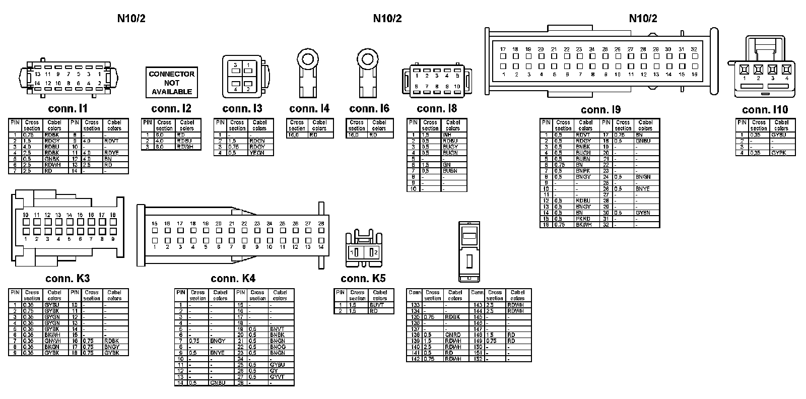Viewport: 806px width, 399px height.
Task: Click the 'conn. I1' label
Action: (68, 108)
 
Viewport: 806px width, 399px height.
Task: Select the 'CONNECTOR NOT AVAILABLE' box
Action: (171, 83)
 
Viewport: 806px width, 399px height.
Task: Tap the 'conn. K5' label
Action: (363, 279)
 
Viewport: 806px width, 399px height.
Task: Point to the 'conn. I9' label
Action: (600, 110)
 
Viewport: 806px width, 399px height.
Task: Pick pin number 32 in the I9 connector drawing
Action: (694, 49)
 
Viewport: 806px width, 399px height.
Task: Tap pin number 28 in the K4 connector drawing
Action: (320, 223)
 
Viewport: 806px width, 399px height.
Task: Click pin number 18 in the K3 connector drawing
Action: (112, 215)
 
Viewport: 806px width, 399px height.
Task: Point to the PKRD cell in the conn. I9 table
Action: (583, 219)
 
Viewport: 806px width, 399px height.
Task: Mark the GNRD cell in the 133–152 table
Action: (452, 335)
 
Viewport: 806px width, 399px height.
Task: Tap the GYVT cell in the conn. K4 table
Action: (277, 377)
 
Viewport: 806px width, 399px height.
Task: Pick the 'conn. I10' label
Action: (765, 110)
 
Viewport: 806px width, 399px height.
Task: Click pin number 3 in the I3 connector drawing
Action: (235, 65)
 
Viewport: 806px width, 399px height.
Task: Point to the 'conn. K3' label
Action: (68, 278)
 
